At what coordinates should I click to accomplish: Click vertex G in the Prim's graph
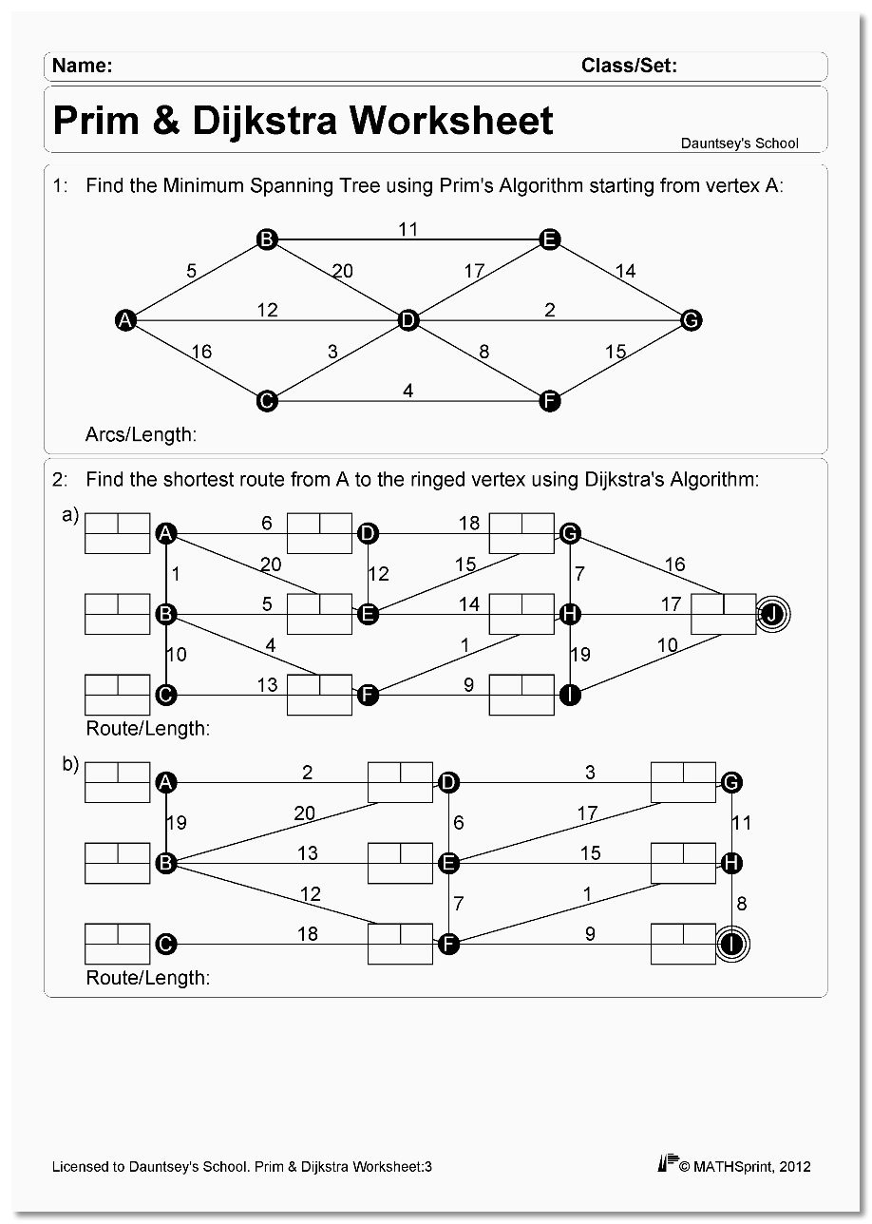coord(692,320)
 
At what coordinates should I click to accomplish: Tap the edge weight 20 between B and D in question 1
coord(342,271)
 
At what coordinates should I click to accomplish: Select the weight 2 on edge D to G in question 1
coord(550,310)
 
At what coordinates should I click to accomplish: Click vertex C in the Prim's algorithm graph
coord(267,401)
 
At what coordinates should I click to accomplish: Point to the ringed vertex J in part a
coord(772,615)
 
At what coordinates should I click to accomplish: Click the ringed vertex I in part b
coord(731,944)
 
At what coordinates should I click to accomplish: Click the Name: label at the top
coord(83,66)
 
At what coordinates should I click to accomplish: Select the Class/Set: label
coord(629,66)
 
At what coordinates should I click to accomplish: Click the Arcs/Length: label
coord(141,435)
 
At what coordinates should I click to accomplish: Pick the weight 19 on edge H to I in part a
coord(580,654)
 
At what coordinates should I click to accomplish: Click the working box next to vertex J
coord(723,614)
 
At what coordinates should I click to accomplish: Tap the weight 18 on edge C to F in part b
coord(308,933)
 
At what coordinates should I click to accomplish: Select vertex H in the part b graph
coord(731,863)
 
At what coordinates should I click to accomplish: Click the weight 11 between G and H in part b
coord(742,823)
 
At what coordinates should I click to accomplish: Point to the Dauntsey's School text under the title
coord(739,143)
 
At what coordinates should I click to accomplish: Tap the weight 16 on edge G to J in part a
coord(674,564)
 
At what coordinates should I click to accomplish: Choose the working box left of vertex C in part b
coord(117,944)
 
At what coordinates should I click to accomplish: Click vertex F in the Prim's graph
coord(548,401)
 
